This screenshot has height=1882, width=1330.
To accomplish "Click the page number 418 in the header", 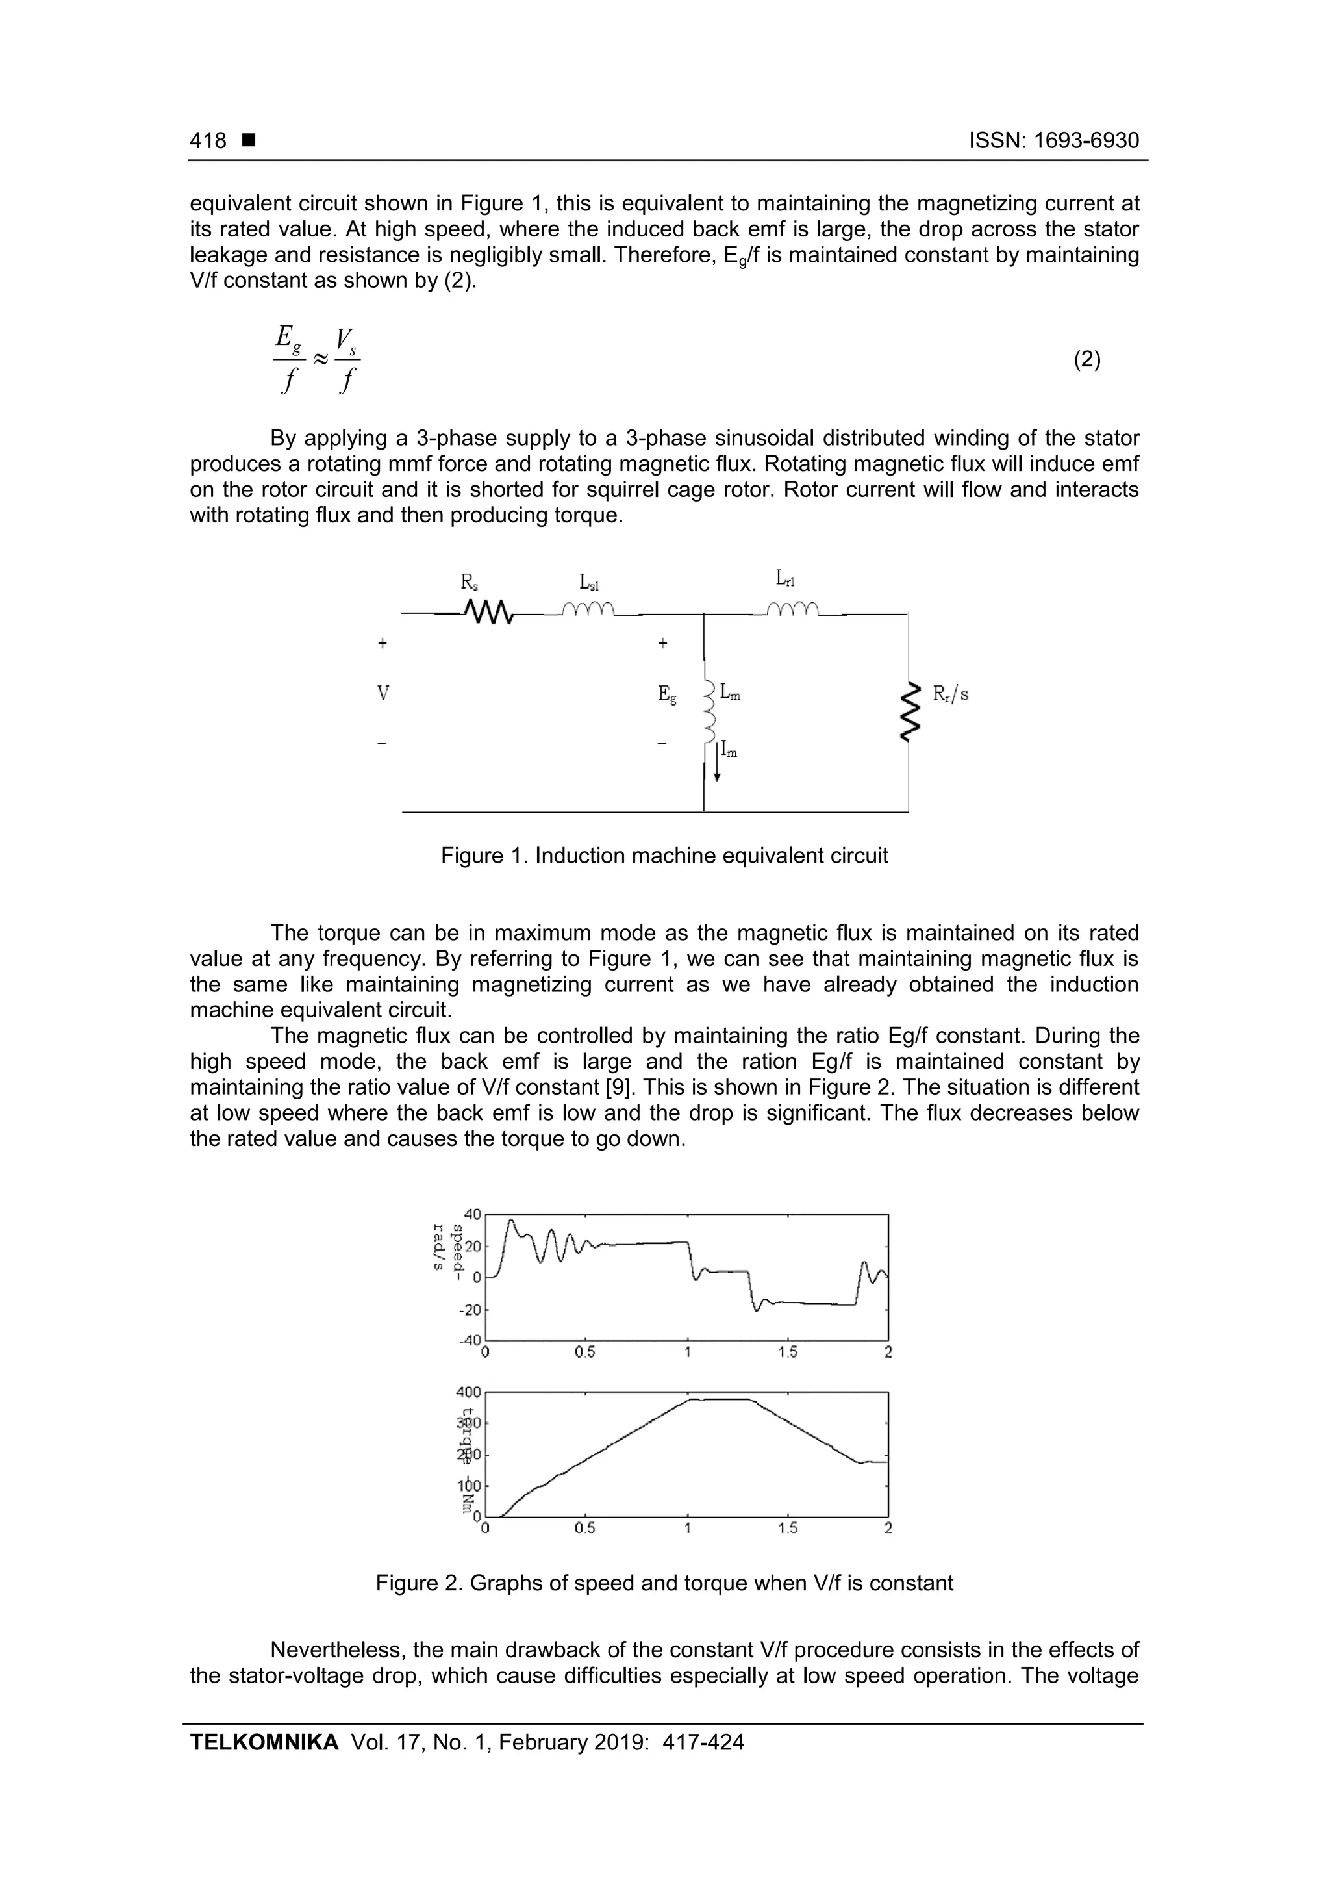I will (x=208, y=140).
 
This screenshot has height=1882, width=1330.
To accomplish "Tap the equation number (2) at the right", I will (x=1086, y=360).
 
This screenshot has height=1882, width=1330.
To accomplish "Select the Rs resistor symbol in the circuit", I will (x=488, y=611).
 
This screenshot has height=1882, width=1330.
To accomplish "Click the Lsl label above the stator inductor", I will (x=589, y=583).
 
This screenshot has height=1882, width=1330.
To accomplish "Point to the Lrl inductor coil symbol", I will (x=792, y=608).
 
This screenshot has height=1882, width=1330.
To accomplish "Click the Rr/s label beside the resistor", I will (x=951, y=694).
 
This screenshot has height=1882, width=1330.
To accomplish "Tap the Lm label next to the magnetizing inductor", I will (x=731, y=694).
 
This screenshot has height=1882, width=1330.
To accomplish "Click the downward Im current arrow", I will (x=717, y=762).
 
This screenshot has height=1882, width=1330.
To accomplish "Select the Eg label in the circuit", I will (x=668, y=695).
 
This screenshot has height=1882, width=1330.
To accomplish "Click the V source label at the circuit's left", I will (x=383, y=694).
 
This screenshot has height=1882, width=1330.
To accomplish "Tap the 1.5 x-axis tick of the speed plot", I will (x=788, y=1352).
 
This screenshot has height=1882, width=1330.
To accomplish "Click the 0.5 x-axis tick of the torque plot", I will (x=585, y=1528).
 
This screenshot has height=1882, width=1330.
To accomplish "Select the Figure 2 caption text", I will (x=664, y=1583).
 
